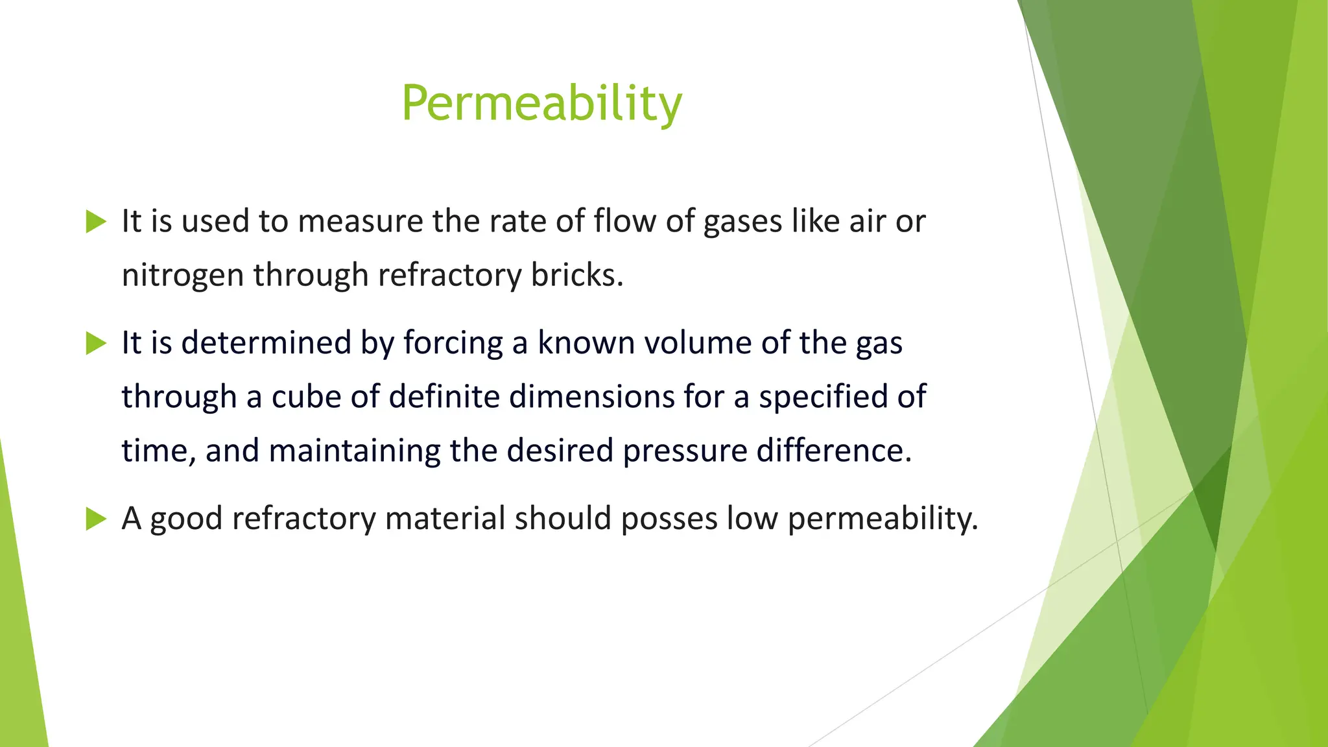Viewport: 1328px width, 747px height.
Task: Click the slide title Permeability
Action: (x=541, y=104)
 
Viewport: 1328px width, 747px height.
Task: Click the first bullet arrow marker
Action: (x=95, y=222)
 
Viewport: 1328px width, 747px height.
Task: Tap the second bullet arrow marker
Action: (x=95, y=343)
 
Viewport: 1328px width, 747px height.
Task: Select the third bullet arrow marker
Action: (x=95, y=519)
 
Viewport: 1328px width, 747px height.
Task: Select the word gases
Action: (x=743, y=222)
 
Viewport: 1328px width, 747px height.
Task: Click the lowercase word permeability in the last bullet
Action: (x=882, y=519)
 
